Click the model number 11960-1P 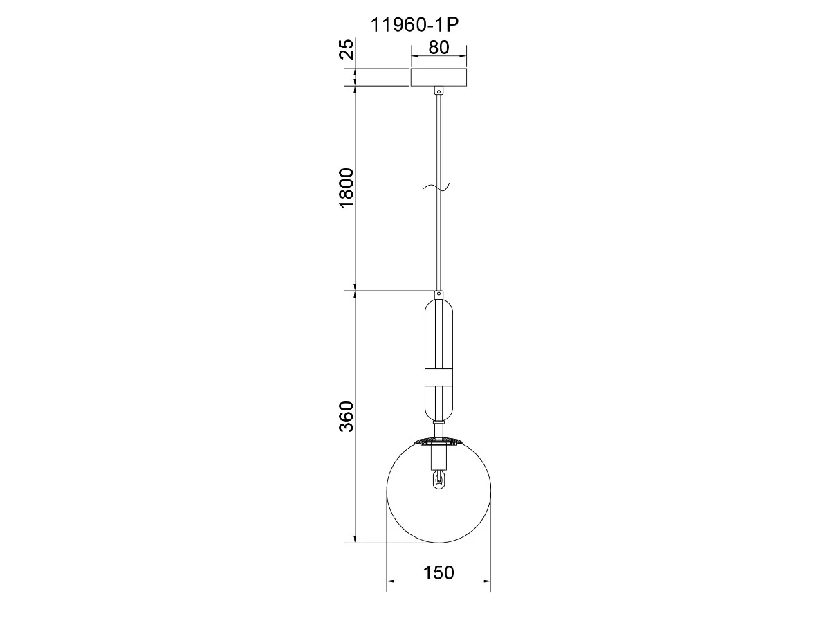[x=414, y=26]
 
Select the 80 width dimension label [x=439, y=48]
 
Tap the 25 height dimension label [x=82, y=48]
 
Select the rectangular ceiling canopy [x=439, y=77]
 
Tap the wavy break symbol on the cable [x=436, y=187]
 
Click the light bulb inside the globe [x=439, y=480]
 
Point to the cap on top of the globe [x=439, y=441]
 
